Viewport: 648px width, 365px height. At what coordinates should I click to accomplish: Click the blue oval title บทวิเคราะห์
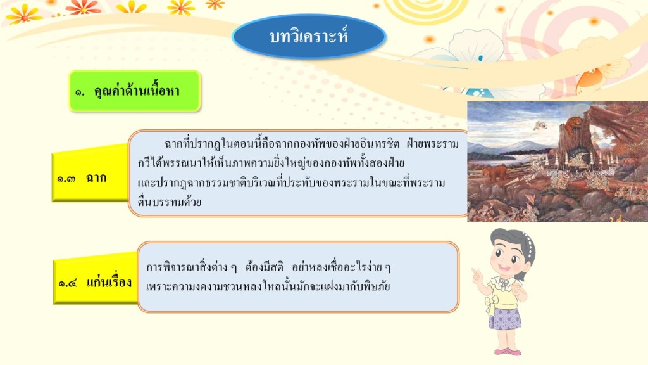(x=309, y=36)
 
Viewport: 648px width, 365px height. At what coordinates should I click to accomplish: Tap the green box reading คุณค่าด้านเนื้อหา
(x=135, y=91)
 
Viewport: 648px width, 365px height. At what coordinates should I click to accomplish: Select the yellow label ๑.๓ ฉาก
(x=90, y=174)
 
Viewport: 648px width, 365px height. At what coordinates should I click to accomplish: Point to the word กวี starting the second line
(x=145, y=163)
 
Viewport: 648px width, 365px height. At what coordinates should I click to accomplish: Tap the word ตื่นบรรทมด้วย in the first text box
(x=170, y=202)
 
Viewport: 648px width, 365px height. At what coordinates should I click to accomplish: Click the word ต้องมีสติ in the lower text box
(x=264, y=267)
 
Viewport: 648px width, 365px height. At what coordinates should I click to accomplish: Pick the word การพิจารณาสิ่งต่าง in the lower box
(x=188, y=267)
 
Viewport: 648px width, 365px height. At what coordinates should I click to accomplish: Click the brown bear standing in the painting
(x=495, y=172)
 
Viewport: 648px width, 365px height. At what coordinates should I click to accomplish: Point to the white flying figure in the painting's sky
(x=539, y=125)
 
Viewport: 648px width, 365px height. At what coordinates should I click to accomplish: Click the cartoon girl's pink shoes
(x=508, y=352)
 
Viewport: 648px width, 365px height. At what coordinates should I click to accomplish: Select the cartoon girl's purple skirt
(x=504, y=318)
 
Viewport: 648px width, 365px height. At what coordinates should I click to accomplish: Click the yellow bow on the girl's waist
(x=491, y=304)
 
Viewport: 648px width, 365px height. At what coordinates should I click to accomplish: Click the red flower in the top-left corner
(x=83, y=6)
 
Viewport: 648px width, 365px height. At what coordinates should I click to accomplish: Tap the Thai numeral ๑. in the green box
(x=80, y=93)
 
